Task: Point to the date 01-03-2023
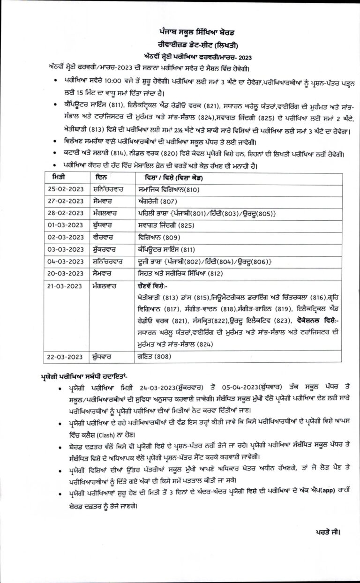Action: pos(65,224)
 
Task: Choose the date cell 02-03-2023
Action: pos(65,237)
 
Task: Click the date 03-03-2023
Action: pos(65,249)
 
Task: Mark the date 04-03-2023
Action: pos(65,261)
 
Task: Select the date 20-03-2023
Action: pos(65,273)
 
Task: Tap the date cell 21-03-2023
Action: pos(65,285)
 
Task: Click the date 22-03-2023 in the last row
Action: pos(65,357)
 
